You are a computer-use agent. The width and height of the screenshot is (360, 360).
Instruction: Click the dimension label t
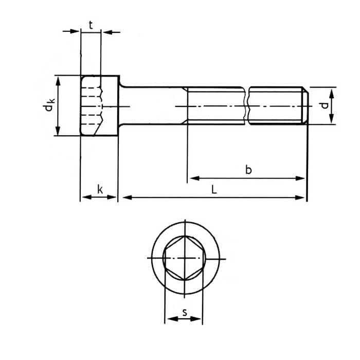[x=91, y=24]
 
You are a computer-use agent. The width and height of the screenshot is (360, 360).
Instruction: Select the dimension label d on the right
[x=323, y=105]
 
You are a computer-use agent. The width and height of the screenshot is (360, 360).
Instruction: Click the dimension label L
[x=214, y=189]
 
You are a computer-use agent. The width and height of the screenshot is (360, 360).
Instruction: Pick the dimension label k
[x=100, y=189]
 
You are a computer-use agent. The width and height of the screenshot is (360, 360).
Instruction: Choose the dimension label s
[x=184, y=311]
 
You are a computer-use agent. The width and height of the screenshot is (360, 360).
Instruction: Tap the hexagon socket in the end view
[x=183, y=257]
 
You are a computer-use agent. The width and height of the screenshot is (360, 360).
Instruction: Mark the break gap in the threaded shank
[x=246, y=105]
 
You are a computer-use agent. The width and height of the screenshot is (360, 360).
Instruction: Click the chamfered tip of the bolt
[x=305, y=105]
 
